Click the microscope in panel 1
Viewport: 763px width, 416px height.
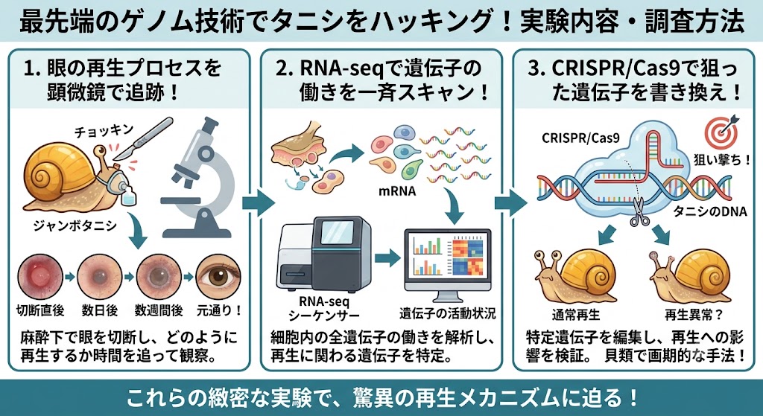pyautogui.click(x=197, y=180)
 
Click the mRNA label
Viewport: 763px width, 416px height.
pyautogui.click(x=397, y=191)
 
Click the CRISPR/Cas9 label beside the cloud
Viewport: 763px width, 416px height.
pyautogui.click(x=580, y=138)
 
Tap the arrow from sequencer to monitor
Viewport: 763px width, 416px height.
pyautogui.click(x=387, y=257)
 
